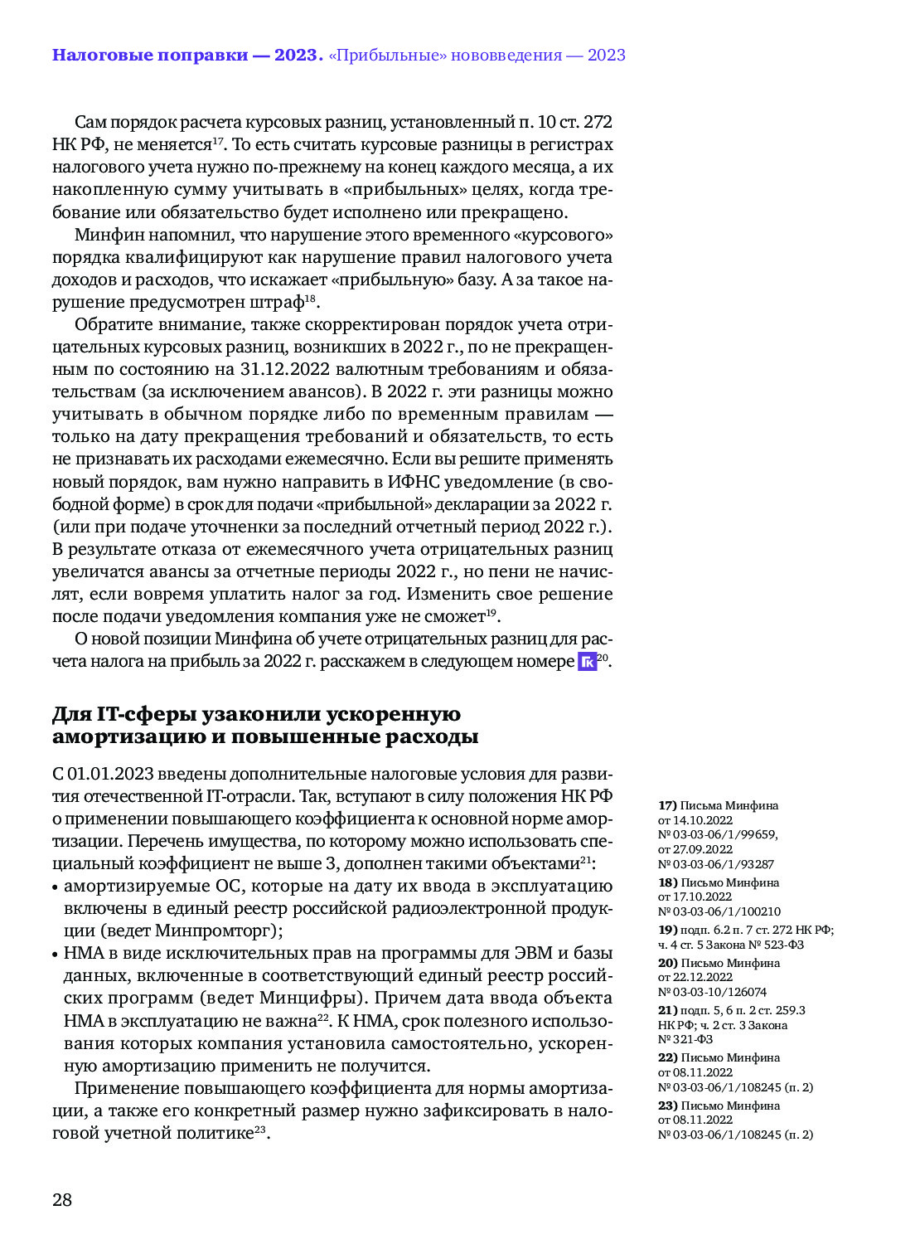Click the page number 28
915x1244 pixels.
tap(62, 1199)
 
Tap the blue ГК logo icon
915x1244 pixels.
tap(587, 661)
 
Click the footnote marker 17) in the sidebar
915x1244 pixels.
tap(667, 805)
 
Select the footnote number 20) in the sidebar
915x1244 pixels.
tap(668, 963)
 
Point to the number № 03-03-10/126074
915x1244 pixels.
tap(712, 992)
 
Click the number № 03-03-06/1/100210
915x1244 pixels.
tap(719, 911)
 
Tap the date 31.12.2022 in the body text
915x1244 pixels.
tap(284, 369)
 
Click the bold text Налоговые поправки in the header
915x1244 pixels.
tap(149, 56)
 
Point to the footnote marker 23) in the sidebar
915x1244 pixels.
tap(668, 1106)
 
